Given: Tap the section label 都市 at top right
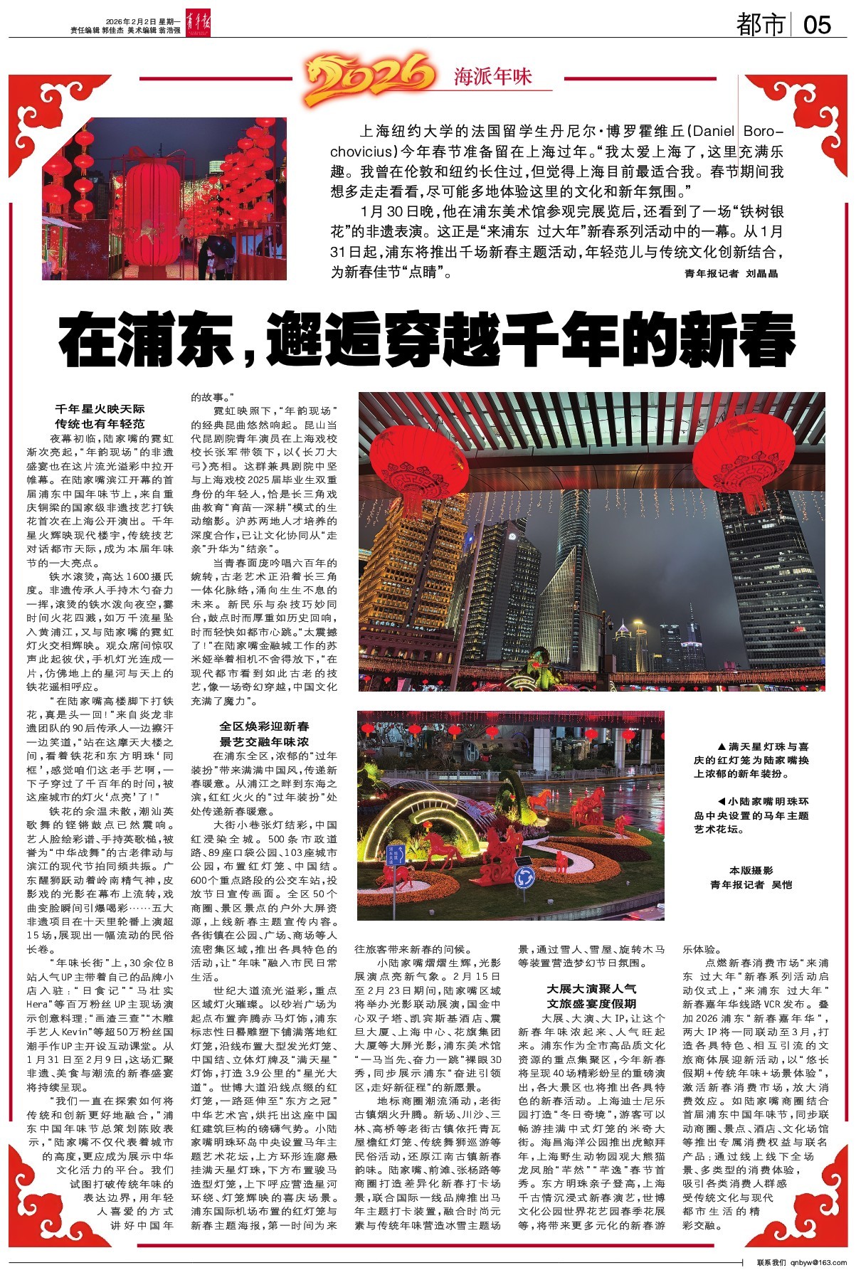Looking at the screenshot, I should [761, 25].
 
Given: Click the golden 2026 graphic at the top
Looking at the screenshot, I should [370, 77].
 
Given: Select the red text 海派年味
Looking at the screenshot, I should [493, 77].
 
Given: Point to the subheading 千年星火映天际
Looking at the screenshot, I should [100, 409].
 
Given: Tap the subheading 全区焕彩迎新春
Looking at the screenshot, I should [264, 726].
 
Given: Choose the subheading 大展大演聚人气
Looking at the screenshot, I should [591, 988].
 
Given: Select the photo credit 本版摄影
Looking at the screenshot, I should [751, 870].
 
